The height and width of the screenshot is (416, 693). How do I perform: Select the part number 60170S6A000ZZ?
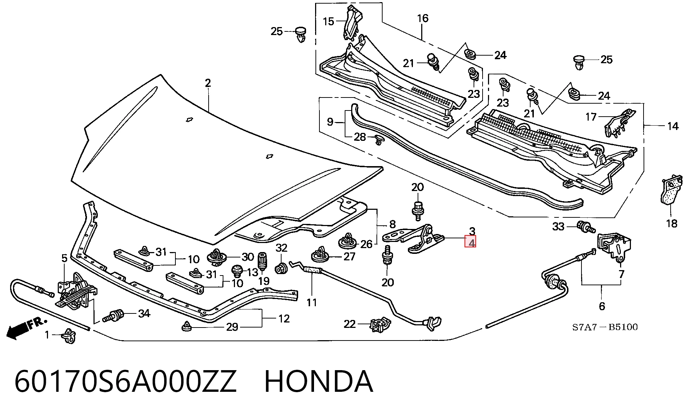125,381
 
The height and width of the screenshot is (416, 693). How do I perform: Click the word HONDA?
318,381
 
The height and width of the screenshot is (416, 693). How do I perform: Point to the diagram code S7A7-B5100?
605,327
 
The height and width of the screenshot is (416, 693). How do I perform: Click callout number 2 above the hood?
208,83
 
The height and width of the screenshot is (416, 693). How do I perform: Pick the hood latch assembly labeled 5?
77,291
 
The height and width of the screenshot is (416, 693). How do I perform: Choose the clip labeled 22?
380,324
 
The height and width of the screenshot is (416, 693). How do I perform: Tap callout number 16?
423,18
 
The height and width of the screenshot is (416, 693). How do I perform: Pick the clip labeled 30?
217,257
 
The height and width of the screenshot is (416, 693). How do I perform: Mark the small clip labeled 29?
186,326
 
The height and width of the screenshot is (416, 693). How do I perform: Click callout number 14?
673,126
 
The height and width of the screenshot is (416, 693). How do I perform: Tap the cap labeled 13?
237,270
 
